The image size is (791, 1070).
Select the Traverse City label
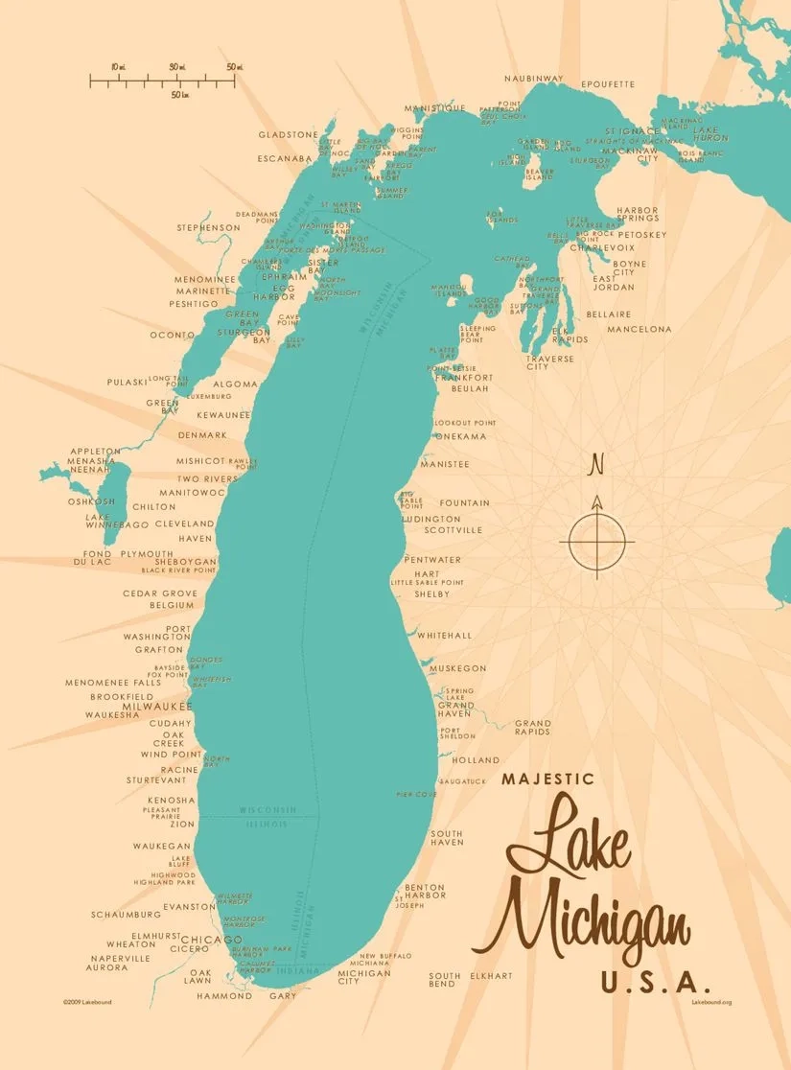pyautogui.click(x=550, y=361)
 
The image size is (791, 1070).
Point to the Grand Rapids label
pyautogui.click(x=532, y=728)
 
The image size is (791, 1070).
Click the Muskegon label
pyautogui.click(x=457, y=668)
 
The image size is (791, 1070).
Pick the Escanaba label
pyautogui.click(x=285, y=158)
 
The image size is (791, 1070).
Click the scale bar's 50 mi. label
pyautogui.click(x=235, y=67)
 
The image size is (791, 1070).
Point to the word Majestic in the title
pyautogui.click(x=547, y=779)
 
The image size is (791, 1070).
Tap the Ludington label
pyautogui.click(x=430, y=519)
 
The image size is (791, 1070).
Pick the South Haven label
pyautogui.click(x=447, y=838)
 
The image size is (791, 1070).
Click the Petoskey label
pyautogui.click(x=641, y=234)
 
